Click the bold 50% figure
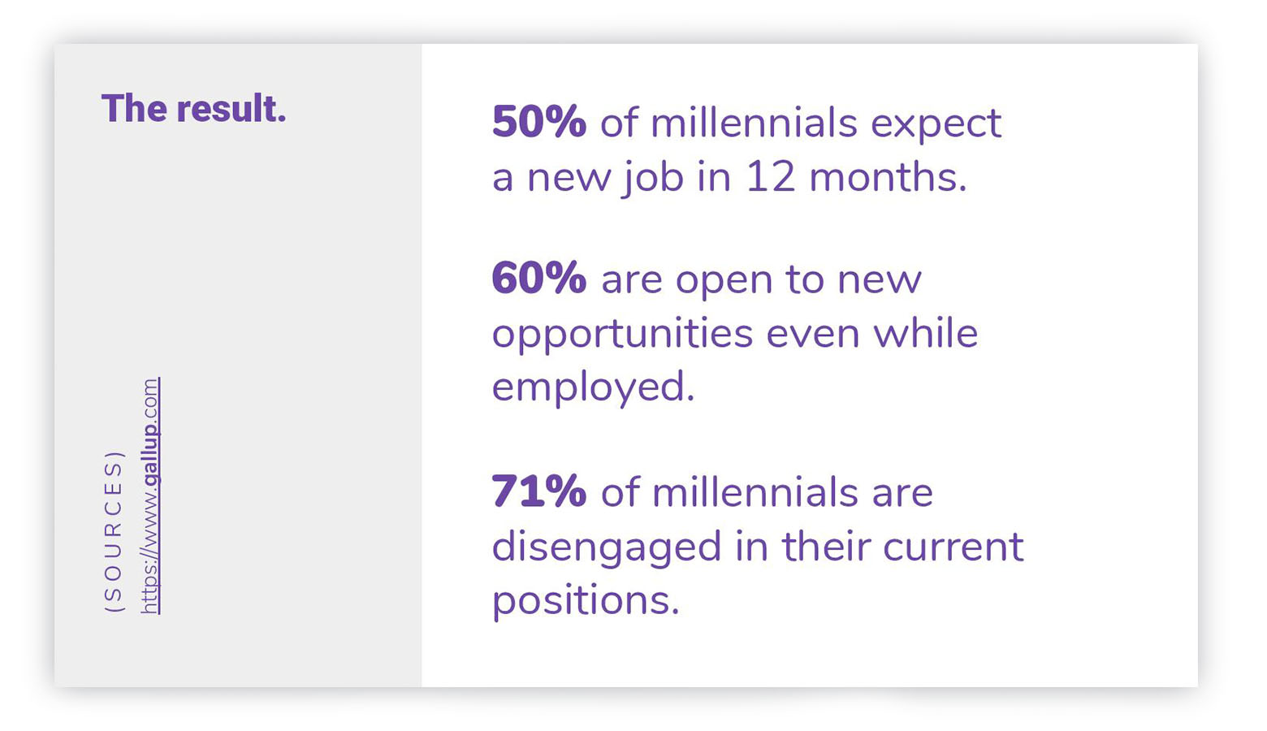pos(539,122)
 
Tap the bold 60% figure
pos(539,278)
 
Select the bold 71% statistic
pos(539,491)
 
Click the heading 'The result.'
pos(193,108)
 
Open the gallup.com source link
pos(150,495)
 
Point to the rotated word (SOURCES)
pos(113,532)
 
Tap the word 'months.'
pos(888,176)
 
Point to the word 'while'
pos(926,332)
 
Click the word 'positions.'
pos(586,602)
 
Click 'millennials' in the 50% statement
pos(754,122)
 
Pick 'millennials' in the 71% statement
pos(755,491)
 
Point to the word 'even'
pos(813,335)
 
